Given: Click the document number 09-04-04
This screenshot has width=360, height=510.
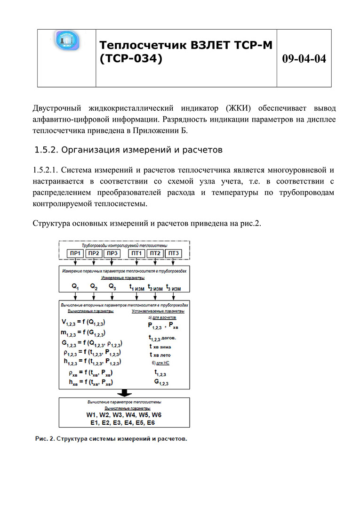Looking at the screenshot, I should [304, 59].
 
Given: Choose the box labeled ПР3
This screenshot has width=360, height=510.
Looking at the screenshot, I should [112, 254].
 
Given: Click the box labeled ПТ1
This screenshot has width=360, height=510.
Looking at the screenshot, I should [137, 254].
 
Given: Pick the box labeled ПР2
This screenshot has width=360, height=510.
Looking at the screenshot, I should [94, 254].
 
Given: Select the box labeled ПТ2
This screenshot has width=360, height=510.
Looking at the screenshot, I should [156, 254].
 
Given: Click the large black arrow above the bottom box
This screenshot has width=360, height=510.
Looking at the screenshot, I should [124, 393].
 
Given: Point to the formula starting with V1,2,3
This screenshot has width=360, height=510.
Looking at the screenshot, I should [89, 323].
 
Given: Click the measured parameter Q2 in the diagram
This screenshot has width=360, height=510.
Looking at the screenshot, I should [94, 286].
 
